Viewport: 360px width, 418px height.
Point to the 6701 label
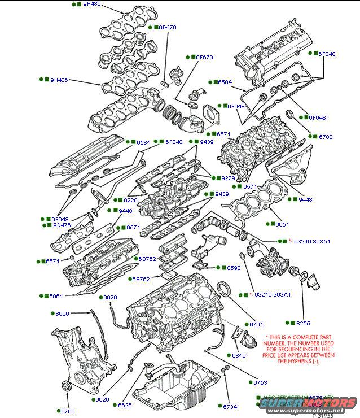pos(256,324)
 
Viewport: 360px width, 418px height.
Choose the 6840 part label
pos(239,355)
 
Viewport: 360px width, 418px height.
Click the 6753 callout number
pos(260,382)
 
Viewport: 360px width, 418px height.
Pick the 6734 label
pos(230,407)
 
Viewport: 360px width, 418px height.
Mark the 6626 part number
pos(125,405)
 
